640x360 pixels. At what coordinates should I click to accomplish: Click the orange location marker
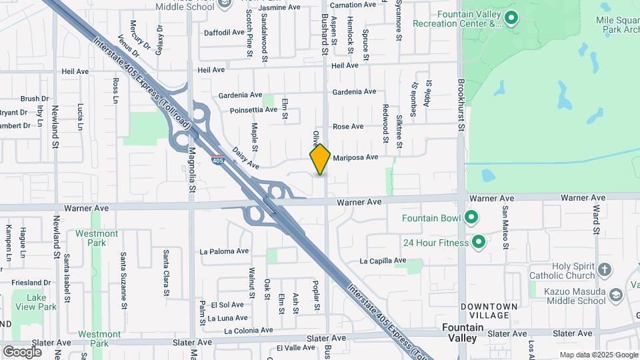click(320, 159)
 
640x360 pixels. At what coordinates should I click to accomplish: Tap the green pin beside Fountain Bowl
click(471, 217)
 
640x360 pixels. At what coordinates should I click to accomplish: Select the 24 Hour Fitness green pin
click(478, 242)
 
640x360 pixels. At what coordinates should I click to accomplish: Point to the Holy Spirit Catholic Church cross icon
click(604, 270)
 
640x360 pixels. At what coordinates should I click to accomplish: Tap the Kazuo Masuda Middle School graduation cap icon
click(617, 293)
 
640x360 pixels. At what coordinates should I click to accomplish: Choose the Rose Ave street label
click(348, 127)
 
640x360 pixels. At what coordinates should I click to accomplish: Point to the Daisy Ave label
click(245, 158)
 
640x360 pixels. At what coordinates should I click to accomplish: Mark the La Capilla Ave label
click(383, 261)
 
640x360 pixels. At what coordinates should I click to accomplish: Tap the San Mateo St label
click(505, 225)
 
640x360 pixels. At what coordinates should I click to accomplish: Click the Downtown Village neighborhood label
click(489, 310)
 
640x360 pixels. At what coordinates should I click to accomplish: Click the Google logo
click(22, 351)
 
